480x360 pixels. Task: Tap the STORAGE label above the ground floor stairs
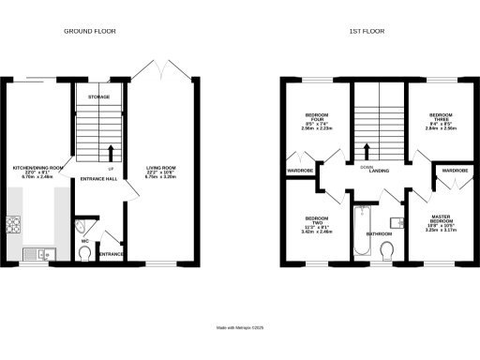tap(99, 97)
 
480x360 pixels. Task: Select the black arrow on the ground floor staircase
tap(111, 151)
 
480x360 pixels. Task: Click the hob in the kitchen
tap(13, 225)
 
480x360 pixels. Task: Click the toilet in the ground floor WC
tap(86, 250)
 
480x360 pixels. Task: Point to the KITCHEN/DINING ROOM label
tap(37, 169)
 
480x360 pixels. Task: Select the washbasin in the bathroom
tap(398, 222)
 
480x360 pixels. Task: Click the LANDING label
tap(379, 170)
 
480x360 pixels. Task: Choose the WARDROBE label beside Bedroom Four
tap(300, 171)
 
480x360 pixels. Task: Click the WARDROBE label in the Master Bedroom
tap(455, 170)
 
